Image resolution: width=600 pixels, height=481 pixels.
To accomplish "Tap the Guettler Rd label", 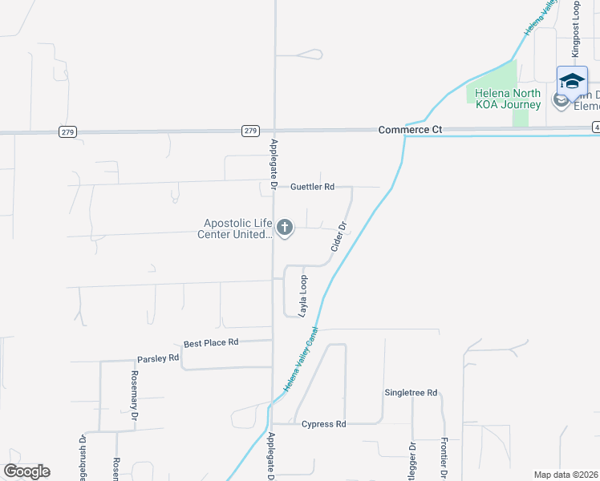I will click(x=312, y=187).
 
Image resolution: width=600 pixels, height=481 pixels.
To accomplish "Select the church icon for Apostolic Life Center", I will click(x=284, y=228).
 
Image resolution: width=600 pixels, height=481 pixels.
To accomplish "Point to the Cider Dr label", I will click(x=338, y=237).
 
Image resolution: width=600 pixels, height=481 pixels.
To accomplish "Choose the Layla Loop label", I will click(x=303, y=296).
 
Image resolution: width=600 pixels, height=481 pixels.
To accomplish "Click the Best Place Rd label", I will click(x=211, y=342).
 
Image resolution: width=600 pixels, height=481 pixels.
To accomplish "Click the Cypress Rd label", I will click(x=323, y=424).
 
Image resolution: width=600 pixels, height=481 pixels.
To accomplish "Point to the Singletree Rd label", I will click(x=411, y=393).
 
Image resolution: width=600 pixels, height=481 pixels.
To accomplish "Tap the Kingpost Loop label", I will click(x=575, y=28).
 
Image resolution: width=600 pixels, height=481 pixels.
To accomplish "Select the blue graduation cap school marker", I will click(x=572, y=82).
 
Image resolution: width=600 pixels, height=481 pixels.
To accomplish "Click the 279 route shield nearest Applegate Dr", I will click(x=251, y=131).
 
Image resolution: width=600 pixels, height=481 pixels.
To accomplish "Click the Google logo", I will click(x=26, y=471).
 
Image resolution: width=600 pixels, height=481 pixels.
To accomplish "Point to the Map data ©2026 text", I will click(x=566, y=475).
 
